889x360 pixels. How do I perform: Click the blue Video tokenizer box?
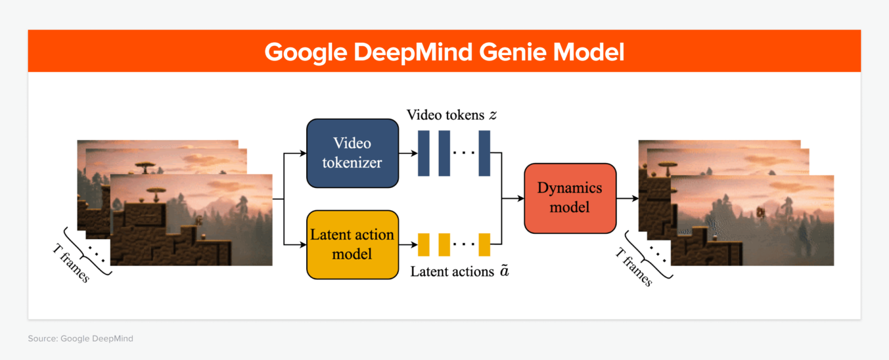pyautogui.click(x=352, y=153)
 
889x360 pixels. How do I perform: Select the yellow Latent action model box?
pyautogui.click(x=352, y=244)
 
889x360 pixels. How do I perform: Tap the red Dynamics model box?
pyautogui.click(x=570, y=198)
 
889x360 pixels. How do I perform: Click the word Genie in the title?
pyautogui.click(x=512, y=52)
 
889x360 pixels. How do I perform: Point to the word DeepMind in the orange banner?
pyautogui.click(x=413, y=52)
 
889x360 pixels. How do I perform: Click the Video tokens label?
pyautogui.click(x=446, y=115)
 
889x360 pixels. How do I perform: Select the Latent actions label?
pyautogui.click(x=452, y=271)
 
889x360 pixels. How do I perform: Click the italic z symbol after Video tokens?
pyautogui.click(x=493, y=115)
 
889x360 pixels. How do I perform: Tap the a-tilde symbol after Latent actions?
pyautogui.click(x=504, y=271)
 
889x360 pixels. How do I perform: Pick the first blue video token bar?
pyautogui.click(x=424, y=153)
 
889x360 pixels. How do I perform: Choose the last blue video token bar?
pyautogui.click(x=484, y=153)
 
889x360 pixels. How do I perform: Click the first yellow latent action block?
pyautogui.click(x=424, y=244)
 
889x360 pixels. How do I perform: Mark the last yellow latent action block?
pyautogui.click(x=484, y=244)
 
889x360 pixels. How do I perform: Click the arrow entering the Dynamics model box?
pyautogui.click(x=513, y=199)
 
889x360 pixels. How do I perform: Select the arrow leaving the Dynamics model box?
pyautogui.click(x=627, y=199)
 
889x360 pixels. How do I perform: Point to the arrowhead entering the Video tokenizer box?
pyautogui.click(x=303, y=153)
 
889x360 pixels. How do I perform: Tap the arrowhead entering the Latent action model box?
pyautogui.click(x=303, y=245)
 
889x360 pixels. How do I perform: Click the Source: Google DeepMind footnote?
pyautogui.click(x=80, y=339)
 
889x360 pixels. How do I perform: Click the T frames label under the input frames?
pyautogui.click(x=71, y=263)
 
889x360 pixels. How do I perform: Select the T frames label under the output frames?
pyautogui.click(x=634, y=267)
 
